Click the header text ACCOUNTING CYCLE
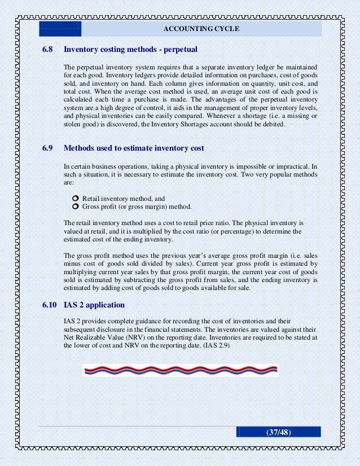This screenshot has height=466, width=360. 201,29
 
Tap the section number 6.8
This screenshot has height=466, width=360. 47,50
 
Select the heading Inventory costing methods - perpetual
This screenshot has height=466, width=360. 130,50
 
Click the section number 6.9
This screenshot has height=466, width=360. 47,148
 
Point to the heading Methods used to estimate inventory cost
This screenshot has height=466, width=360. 134,148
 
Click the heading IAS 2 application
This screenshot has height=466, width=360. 94,305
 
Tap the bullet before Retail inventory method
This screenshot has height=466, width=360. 76,199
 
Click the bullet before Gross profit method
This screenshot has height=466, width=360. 76,206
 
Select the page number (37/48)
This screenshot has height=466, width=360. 278,432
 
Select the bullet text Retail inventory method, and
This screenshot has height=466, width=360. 124,199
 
